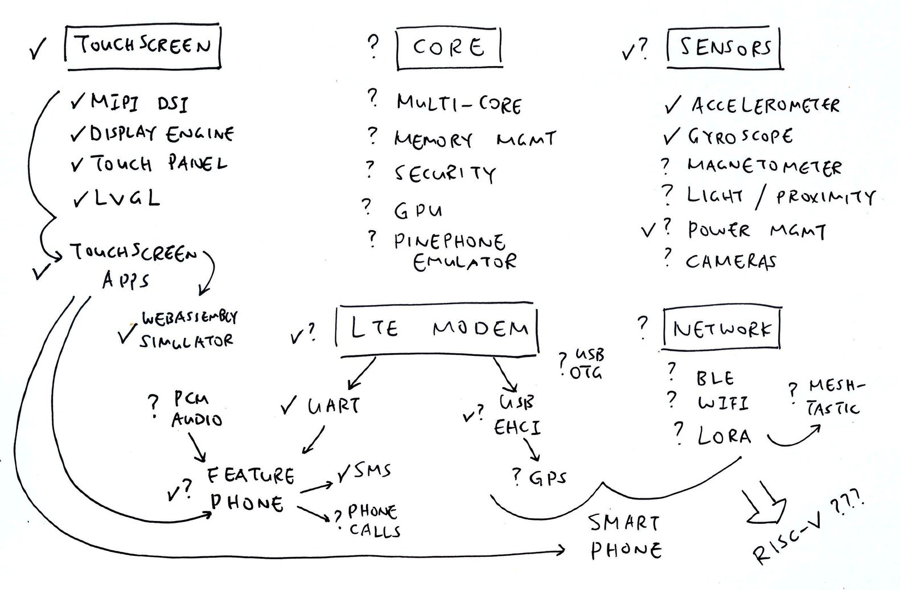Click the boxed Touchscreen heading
[143, 46]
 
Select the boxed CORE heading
[449, 47]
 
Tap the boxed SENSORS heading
[725, 48]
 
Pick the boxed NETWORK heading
[721, 329]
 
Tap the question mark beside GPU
[367, 206]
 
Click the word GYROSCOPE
[740, 137]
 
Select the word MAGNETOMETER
[764, 166]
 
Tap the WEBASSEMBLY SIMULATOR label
[188, 330]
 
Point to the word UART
[334, 406]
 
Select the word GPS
[548, 477]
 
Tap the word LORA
[724, 436]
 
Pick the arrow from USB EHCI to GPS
[532, 450]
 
